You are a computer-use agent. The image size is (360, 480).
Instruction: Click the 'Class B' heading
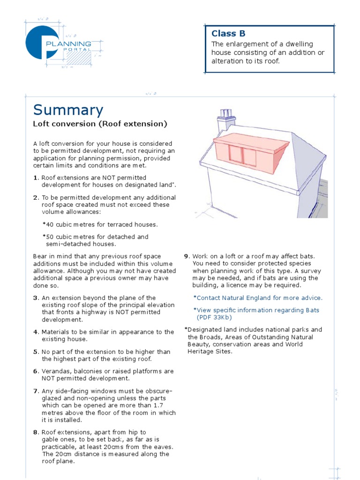tap(228, 33)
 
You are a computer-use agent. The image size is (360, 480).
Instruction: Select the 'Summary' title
tap(68, 110)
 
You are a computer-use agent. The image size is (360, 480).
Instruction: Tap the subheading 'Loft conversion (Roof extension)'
tap(100, 124)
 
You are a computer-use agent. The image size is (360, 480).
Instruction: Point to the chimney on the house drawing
tap(226, 120)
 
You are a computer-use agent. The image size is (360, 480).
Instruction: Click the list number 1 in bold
tap(35, 178)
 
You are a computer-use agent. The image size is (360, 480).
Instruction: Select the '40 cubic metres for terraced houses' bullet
tap(100, 225)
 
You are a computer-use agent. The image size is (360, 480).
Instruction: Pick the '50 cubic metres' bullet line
tap(95, 237)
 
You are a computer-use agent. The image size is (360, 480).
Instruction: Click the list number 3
tap(35, 298)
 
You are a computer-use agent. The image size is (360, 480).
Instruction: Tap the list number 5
tap(35, 352)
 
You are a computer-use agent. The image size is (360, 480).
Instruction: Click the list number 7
tap(35, 391)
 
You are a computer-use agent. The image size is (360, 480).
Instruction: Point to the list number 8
tap(35, 432)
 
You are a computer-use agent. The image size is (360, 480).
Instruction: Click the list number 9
tap(186, 256)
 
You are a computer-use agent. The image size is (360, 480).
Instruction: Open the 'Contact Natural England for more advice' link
tap(258, 298)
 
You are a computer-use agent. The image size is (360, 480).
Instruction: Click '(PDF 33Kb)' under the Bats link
tap(214, 317)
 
